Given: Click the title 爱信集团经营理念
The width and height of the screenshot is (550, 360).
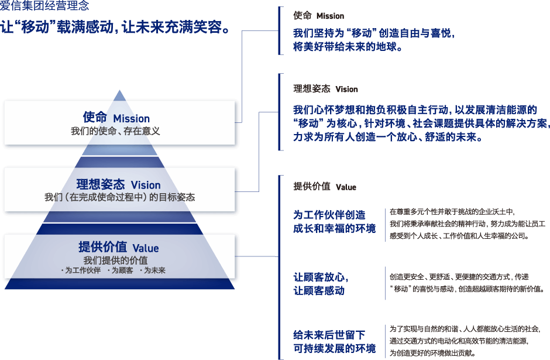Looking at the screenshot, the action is [44, 5].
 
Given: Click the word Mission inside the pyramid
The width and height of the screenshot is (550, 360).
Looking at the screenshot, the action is [132, 119].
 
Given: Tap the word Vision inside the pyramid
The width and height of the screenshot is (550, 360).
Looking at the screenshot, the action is [146, 185].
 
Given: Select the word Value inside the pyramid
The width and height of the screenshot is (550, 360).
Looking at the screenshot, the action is [146, 248].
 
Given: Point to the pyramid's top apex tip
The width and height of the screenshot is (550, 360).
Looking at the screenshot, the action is [119, 90].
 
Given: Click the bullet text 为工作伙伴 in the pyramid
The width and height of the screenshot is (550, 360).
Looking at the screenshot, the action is [81, 270].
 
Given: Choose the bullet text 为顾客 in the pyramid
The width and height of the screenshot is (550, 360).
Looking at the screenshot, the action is [121, 270].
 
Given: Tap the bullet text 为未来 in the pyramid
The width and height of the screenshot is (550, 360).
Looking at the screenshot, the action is [153, 270].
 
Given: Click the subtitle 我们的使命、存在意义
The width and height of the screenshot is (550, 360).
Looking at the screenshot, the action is [115, 131].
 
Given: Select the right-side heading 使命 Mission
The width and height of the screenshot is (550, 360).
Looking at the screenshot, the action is [318, 16].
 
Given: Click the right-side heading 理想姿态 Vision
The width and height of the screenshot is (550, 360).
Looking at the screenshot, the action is [325, 89].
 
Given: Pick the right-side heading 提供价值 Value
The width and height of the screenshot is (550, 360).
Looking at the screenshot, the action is [325, 187].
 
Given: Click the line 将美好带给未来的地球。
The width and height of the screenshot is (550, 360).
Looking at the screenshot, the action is [348, 46].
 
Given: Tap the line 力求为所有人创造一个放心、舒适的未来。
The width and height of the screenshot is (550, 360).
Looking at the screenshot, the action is [388, 136].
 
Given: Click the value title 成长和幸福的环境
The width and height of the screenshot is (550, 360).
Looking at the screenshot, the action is [335, 228].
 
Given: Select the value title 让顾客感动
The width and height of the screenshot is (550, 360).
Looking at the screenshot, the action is [319, 290].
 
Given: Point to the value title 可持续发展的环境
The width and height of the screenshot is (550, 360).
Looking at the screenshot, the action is [335, 348].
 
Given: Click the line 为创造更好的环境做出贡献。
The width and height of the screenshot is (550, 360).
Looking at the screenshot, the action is [432, 353].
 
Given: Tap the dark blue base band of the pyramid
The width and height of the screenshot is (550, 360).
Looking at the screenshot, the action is [119, 283].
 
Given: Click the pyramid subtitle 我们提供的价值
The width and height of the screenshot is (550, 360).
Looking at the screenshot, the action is [115, 260].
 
